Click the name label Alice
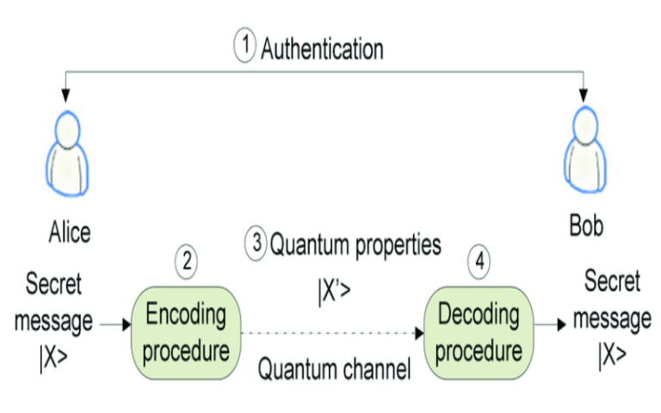[x=70, y=231]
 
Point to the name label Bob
[x=586, y=228]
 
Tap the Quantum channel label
[x=336, y=369]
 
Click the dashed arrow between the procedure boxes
[x=331, y=333]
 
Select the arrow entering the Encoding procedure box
[x=112, y=325]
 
